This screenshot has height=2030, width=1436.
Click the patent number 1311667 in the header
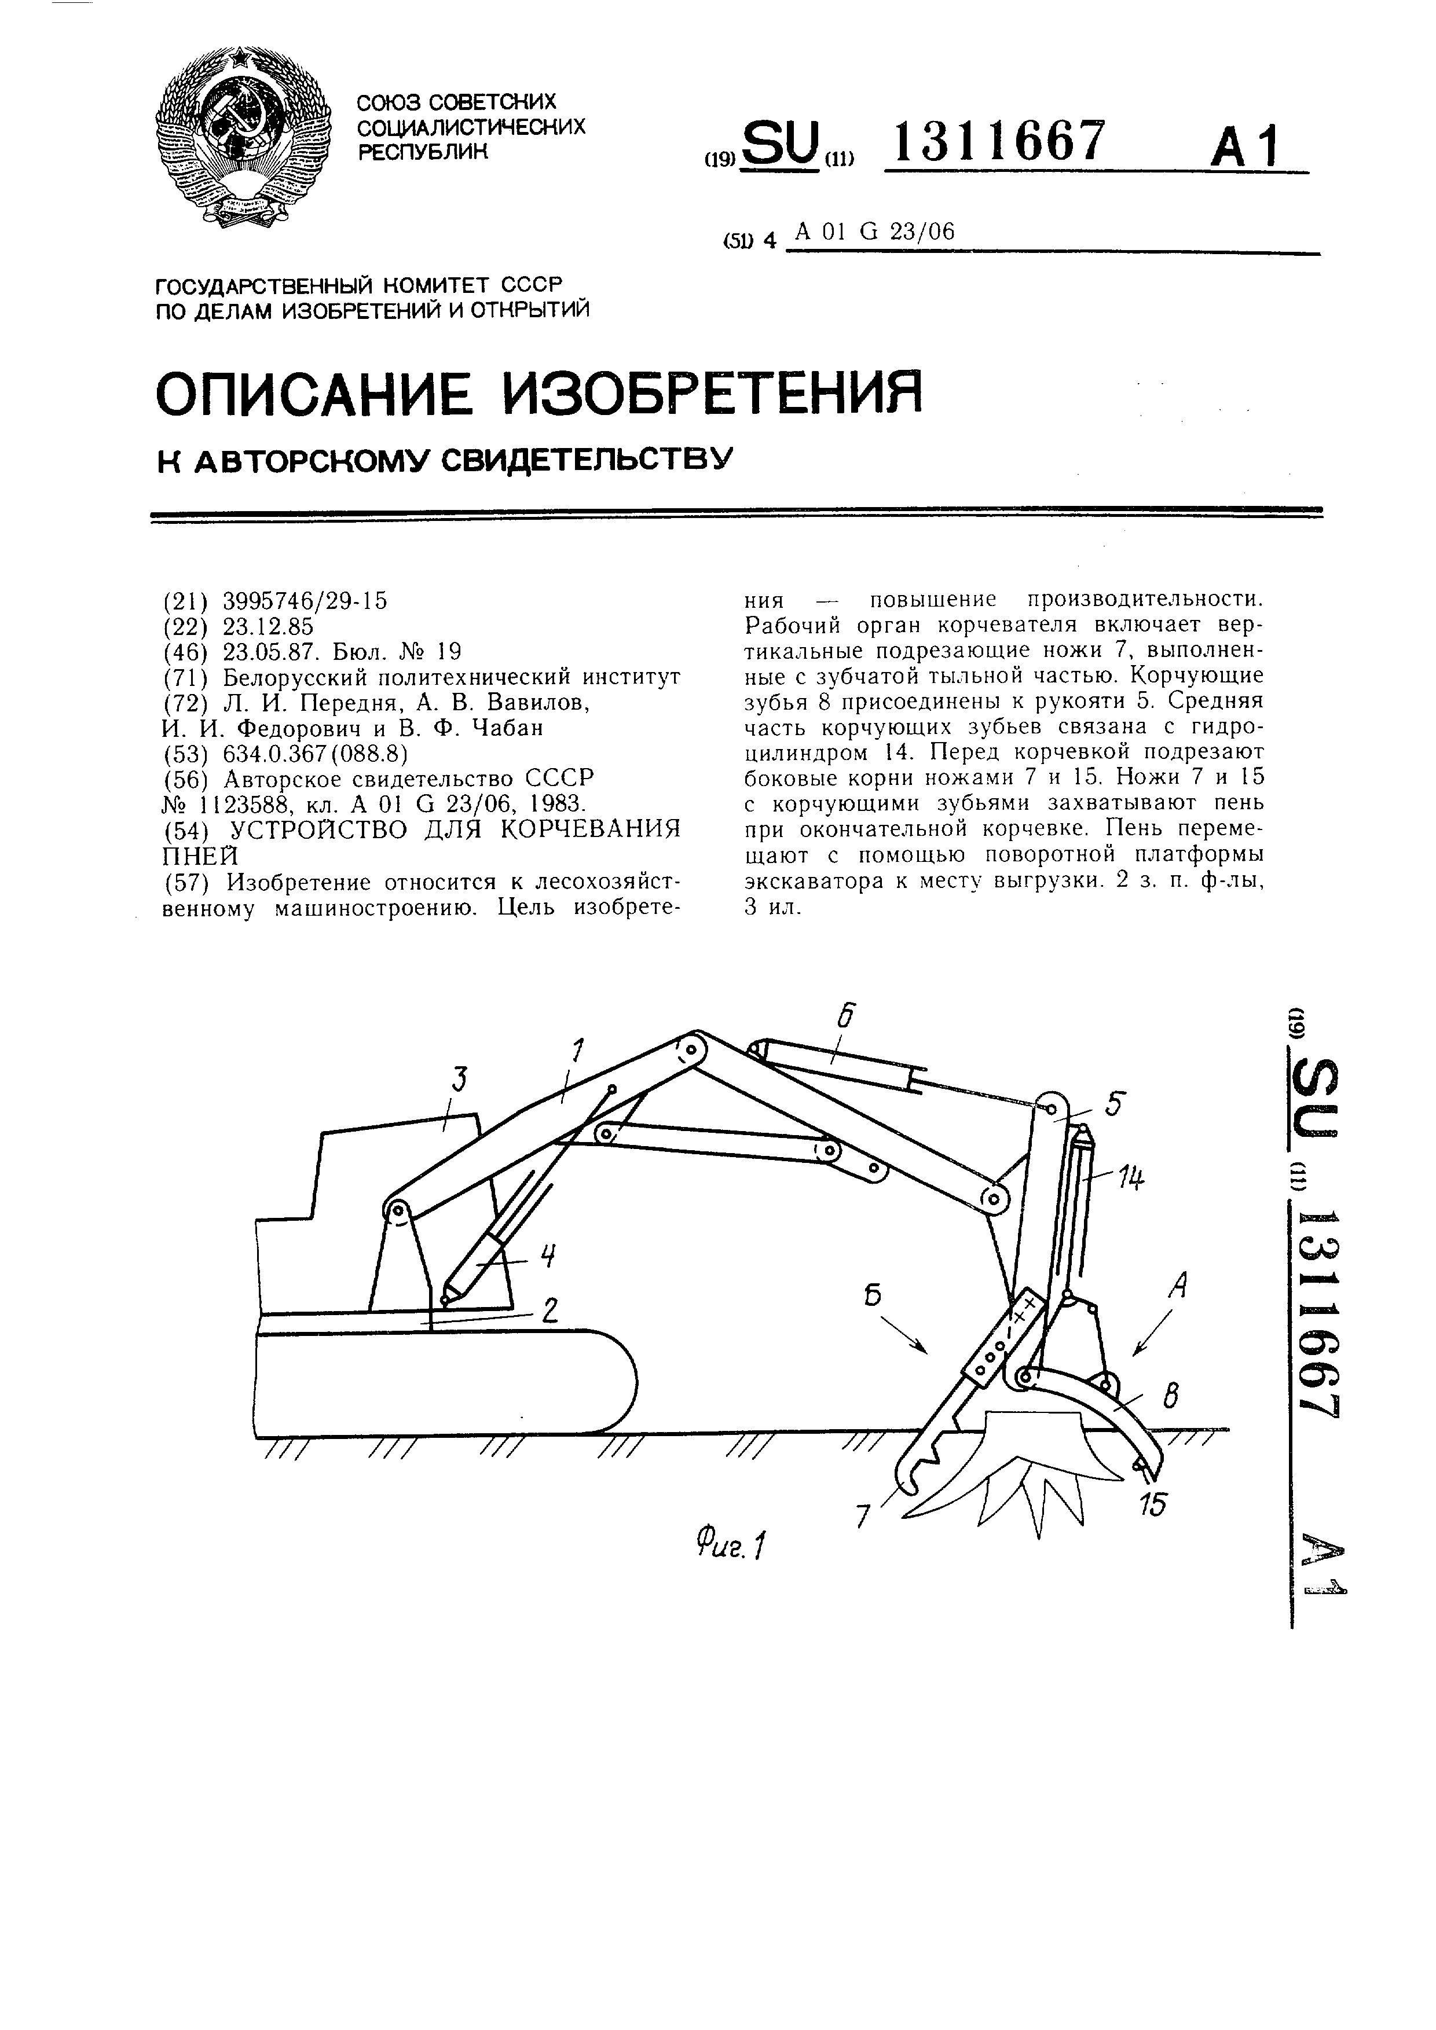click(x=999, y=141)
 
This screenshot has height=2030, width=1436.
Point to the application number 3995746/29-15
click(x=305, y=601)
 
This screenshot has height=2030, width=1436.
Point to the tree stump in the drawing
click(x=1043, y=1450)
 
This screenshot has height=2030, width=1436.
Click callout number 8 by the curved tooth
click(x=1171, y=1398)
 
